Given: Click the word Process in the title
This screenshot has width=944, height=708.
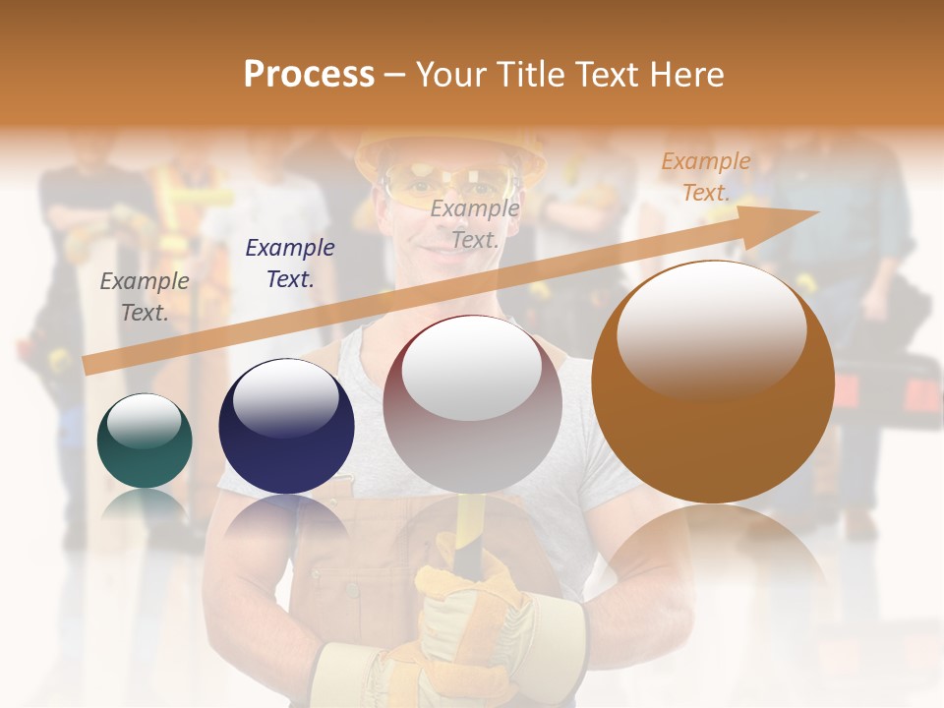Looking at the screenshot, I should tap(309, 74).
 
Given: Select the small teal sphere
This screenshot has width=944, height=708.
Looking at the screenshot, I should tap(145, 442).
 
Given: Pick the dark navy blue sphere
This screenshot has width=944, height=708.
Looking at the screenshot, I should tap(286, 427).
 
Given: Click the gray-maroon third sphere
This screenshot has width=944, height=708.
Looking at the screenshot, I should tap(472, 404).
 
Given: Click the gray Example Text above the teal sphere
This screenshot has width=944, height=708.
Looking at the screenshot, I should tap(145, 297).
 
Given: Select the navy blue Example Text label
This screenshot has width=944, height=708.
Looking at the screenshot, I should tap(290, 263).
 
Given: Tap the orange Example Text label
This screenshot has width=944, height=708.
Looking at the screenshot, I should tap(705, 177).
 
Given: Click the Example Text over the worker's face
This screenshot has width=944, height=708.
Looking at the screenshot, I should tap(475, 223).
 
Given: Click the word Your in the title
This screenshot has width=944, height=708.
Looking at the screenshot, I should tap(451, 74).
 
